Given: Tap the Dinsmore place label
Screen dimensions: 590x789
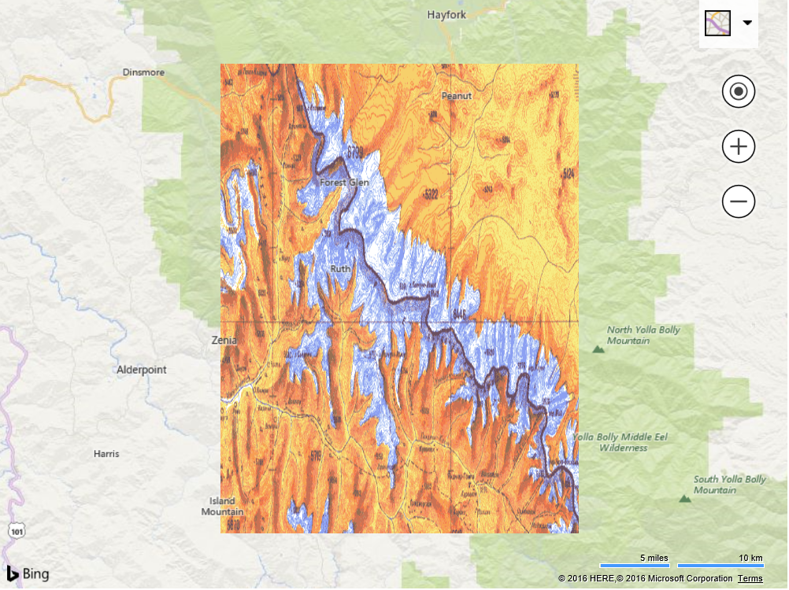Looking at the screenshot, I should (143, 72).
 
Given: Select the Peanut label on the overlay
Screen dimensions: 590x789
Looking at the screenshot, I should (456, 96).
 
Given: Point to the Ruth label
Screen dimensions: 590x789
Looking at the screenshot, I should (340, 269).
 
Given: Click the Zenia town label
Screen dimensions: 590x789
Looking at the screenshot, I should (224, 341).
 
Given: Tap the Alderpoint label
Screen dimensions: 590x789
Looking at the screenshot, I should (142, 370).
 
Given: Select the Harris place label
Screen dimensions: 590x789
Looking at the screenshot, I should (106, 454).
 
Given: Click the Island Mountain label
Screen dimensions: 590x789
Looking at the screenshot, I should (222, 507).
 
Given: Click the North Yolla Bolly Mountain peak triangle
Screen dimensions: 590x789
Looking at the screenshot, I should (598, 347).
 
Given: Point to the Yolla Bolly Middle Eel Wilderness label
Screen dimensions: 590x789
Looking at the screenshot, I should (621, 442).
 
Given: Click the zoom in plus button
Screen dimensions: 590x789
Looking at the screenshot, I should (739, 147).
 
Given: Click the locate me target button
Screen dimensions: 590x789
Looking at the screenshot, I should (739, 92).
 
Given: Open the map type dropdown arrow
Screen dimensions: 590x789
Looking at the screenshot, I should (747, 23).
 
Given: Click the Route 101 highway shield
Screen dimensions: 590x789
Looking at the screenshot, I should (16, 531).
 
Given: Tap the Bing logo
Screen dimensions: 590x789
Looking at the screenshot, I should (28, 573).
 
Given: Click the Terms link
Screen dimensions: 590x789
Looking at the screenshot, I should (750, 579).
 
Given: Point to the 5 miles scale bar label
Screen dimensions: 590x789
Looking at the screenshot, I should (654, 558).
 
